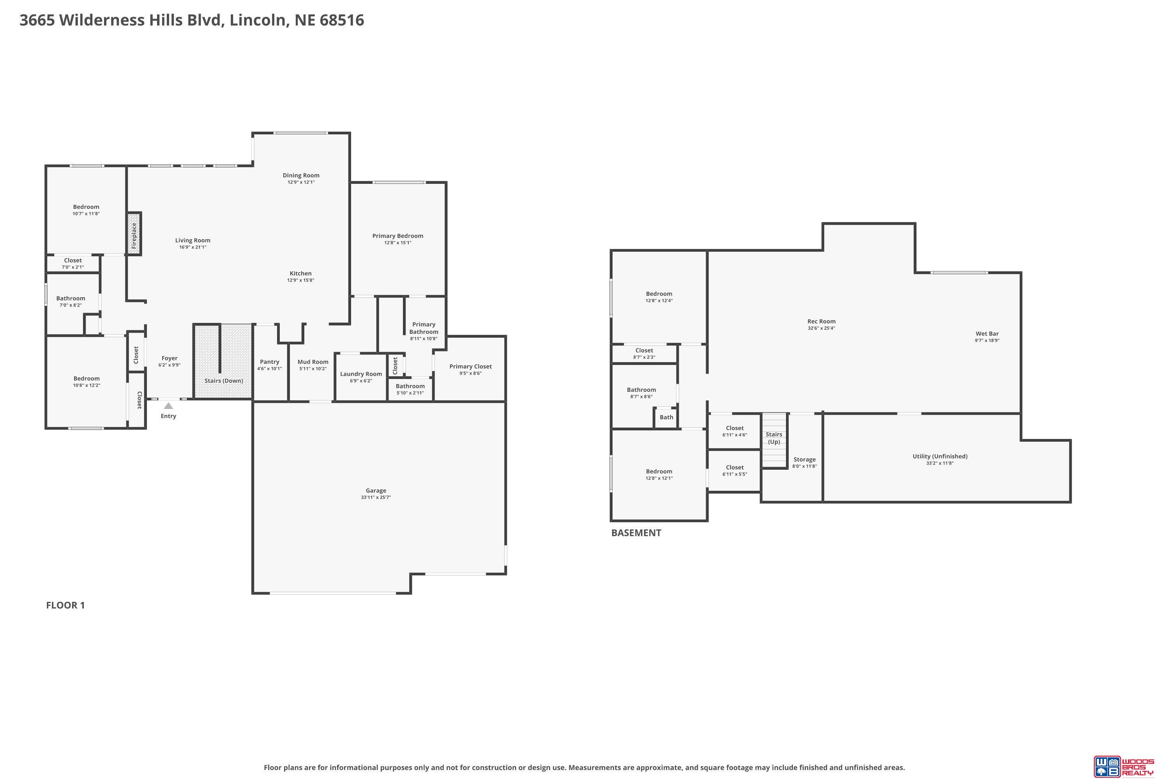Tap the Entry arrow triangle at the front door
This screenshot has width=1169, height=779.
168,406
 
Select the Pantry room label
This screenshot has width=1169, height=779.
269,362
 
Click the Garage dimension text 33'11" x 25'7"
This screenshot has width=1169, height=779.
376,497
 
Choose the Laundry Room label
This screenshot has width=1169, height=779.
361,374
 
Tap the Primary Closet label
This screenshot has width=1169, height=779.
471,367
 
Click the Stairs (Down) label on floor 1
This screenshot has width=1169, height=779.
224,381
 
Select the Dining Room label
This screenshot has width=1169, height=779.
301,175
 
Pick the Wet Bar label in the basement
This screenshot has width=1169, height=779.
987,334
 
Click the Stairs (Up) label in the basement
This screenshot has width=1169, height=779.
774,438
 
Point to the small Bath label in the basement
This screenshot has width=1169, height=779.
666,417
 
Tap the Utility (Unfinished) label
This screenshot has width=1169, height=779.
940,456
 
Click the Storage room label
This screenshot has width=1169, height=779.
804,460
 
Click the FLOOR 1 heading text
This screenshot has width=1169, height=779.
65,605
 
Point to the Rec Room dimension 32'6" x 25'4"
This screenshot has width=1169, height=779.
821,328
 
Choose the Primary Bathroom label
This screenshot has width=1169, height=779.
424,328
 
